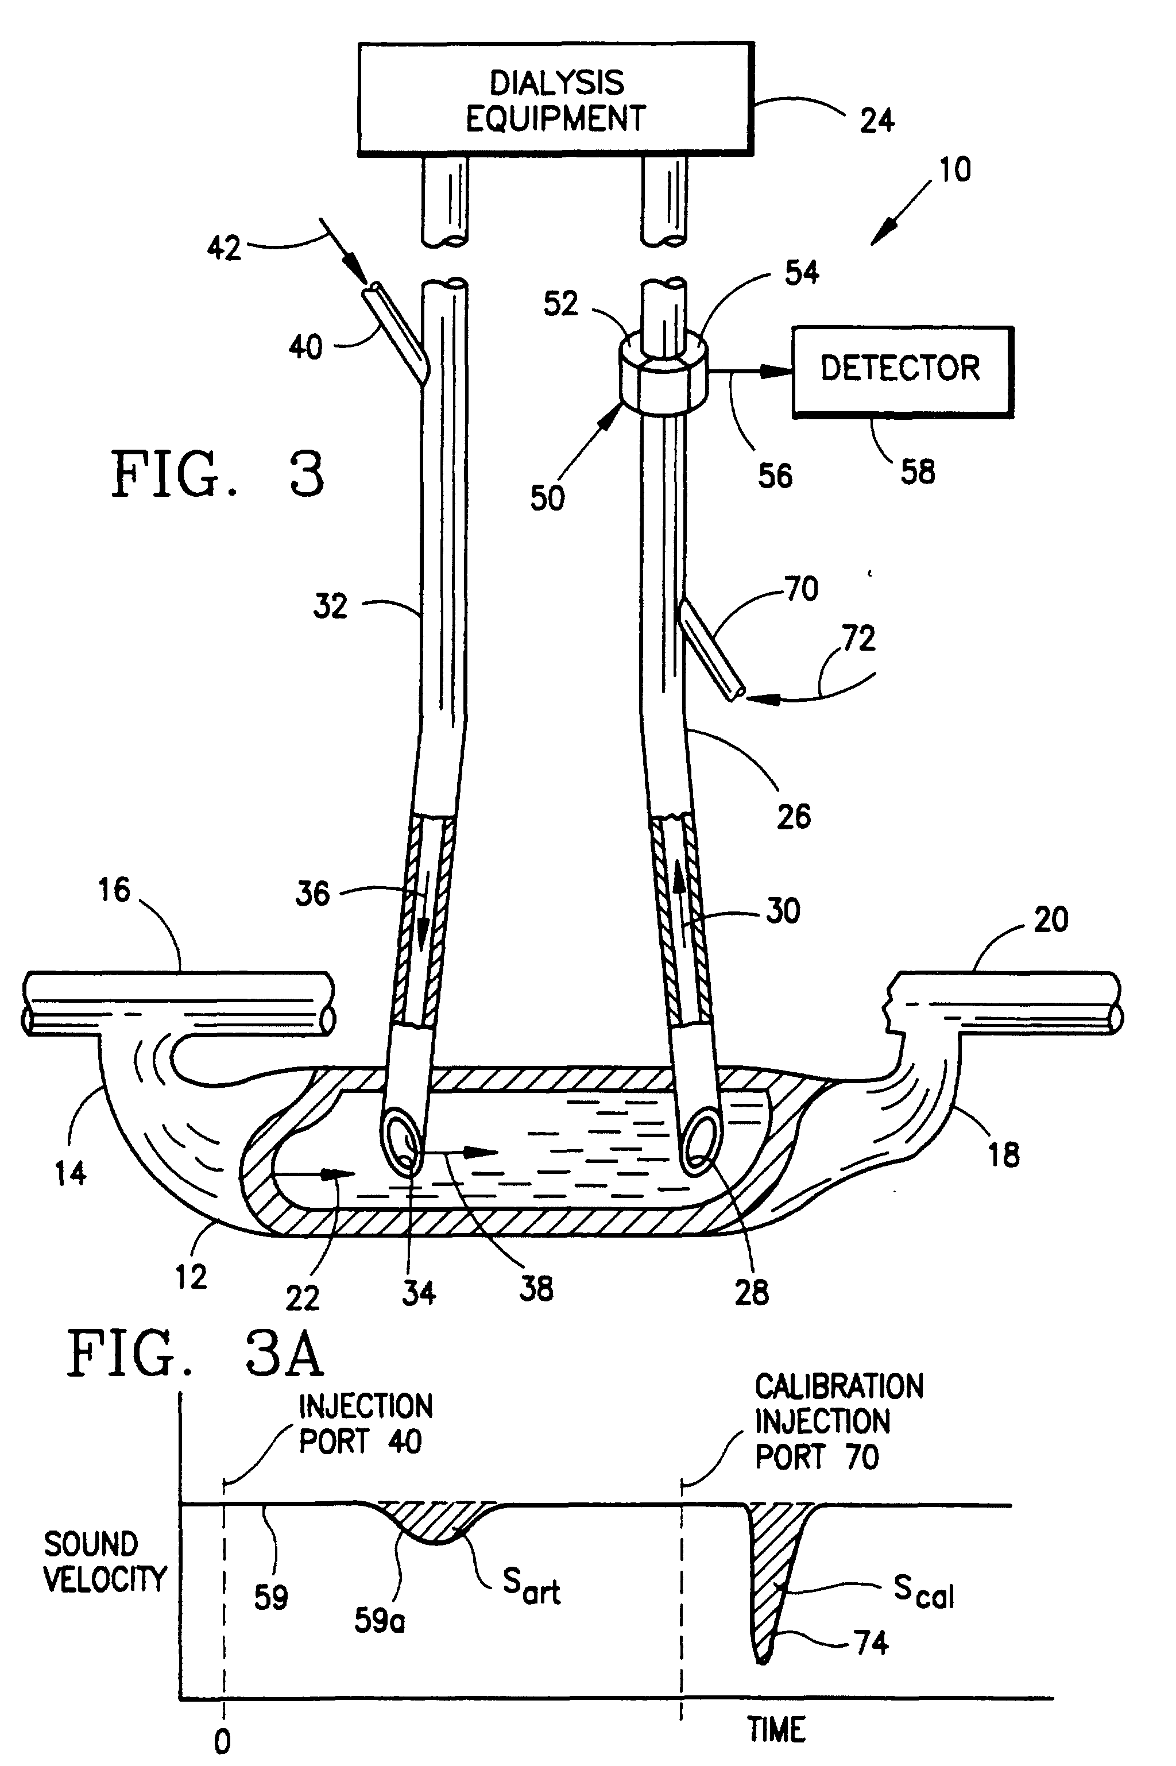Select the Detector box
point(902,370)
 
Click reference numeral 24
point(877,121)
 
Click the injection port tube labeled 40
point(395,330)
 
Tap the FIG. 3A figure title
point(195,1354)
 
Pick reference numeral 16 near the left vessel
point(114,890)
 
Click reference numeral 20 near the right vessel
point(1050,919)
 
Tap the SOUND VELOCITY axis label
point(103,1562)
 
